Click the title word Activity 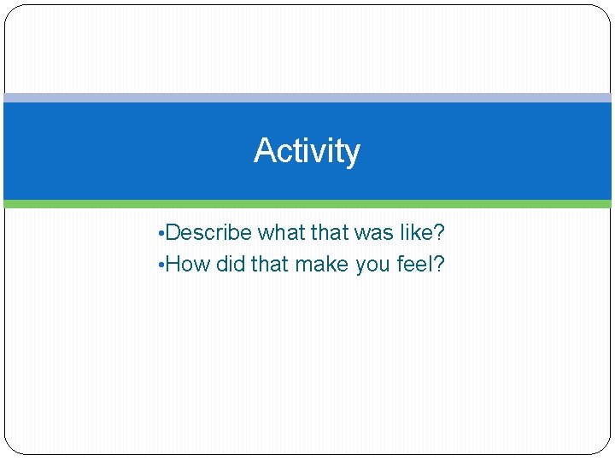pos(307,151)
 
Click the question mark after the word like pos(440,232)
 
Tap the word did pos(231,265)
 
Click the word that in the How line pos(270,265)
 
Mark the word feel pos(415,265)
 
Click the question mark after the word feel pos(439,265)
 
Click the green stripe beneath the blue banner pos(307,204)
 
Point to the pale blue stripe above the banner pos(307,98)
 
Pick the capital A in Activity pos(263,151)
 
